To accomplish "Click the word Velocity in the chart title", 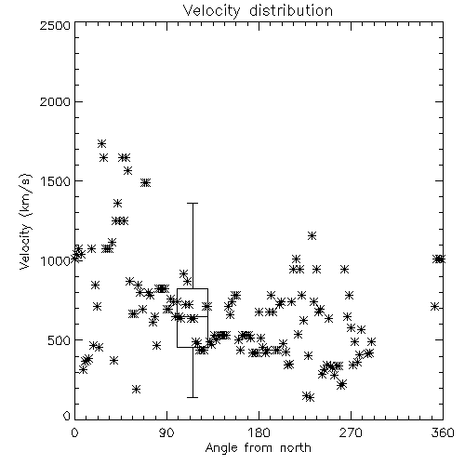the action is tap(212, 11).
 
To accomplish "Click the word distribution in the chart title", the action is tap(291, 10).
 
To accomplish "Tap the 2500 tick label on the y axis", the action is tap(55, 25).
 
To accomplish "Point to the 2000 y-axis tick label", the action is tap(55, 101).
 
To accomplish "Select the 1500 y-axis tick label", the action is tap(56, 181).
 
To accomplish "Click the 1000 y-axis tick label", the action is tap(56, 260).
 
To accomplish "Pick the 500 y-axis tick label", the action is tap(60, 340).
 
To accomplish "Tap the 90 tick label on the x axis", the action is tap(167, 432).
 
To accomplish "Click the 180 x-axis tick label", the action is tap(259, 432).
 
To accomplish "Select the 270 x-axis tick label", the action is tap(351, 432).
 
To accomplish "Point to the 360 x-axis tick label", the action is tap(443, 432).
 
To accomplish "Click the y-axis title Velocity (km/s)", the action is tap(25, 221).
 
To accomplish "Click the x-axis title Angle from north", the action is tap(259, 448).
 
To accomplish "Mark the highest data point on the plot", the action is tap(102, 143).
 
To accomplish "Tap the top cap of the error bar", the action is tap(193, 204).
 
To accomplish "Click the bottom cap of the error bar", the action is tap(193, 397).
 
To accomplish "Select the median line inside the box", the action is tap(193, 316).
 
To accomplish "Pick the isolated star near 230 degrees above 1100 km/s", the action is tap(312, 236).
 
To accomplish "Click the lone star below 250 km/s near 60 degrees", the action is tap(136, 389).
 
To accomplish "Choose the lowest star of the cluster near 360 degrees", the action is tap(435, 307).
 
